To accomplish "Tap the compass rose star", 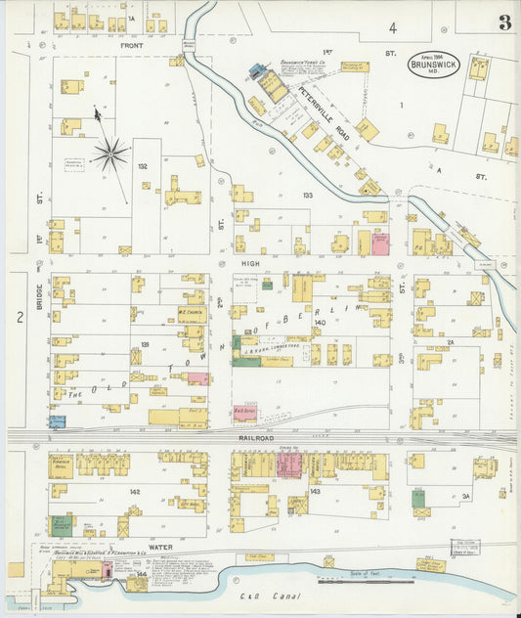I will (x=110, y=153).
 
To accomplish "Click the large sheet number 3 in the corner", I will (x=503, y=22).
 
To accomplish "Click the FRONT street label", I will (x=131, y=46).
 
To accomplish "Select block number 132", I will (x=143, y=167).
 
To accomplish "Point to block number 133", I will (x=308, y=196).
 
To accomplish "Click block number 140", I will (x=320, y=322).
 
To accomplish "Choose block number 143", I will (x=315, y=491).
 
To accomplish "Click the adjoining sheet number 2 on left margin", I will (x=18, y=316).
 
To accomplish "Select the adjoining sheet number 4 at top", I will (x=392, y=27).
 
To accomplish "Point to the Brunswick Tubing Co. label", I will (x=304, y=61).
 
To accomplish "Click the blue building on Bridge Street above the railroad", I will (x=57, y=421).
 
